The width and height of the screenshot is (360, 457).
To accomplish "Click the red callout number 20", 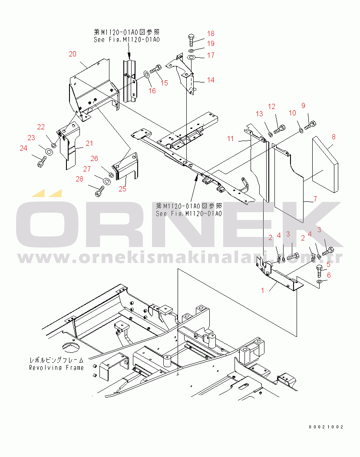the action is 73,54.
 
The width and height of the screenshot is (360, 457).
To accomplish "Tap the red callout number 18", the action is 211,33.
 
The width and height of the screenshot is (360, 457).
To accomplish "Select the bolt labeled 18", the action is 191,40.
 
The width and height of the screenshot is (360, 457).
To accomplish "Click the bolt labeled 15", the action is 156,69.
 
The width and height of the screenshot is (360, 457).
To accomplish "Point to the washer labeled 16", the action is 146,74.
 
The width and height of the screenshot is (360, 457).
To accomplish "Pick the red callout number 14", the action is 211,80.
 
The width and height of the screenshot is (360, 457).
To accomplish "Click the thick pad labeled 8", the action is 325,164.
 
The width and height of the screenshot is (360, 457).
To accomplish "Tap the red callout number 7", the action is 315,199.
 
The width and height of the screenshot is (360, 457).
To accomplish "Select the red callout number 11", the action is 231,139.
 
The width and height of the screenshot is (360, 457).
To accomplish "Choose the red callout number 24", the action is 23,148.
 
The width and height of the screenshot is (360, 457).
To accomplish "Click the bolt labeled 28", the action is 99,191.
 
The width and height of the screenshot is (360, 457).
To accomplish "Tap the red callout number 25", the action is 122,189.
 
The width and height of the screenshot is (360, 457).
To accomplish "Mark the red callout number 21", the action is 89,143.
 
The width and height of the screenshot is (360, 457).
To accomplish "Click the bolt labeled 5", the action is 319,271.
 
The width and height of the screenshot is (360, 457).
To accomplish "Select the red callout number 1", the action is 263,290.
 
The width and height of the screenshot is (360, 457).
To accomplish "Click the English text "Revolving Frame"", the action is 56,368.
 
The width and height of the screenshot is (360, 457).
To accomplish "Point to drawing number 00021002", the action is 326,427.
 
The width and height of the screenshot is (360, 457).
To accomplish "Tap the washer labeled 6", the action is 320,282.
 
